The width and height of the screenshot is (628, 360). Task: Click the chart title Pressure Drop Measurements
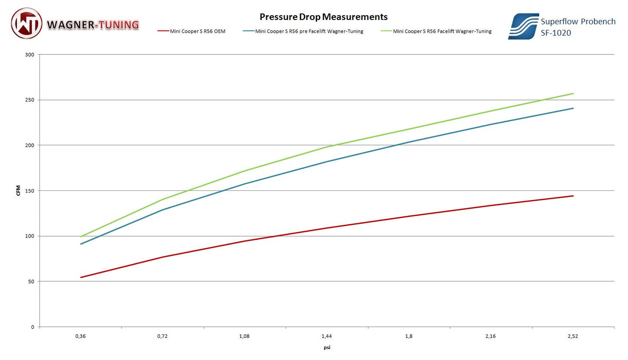tap(323, 17)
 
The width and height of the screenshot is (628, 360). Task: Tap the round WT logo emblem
tap(27, 23)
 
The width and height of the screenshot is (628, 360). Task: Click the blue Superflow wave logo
tap(523, 26)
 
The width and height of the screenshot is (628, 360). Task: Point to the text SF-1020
tap(556, 33)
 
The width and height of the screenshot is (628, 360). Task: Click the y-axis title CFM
tap(18, 190)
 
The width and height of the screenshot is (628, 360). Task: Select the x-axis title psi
tap(327, 347)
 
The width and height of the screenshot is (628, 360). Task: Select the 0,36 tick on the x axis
tap(80, 336)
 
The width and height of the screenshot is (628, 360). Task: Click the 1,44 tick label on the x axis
tap(326, 336)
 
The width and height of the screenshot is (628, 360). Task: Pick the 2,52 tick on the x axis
tap(573, 336)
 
